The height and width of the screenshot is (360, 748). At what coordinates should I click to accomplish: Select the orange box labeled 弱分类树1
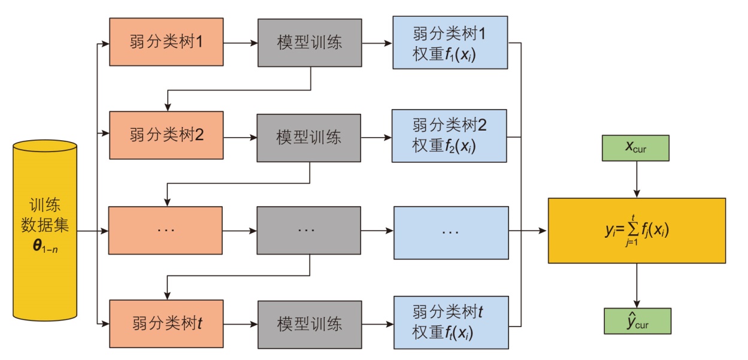(x=166, y=43)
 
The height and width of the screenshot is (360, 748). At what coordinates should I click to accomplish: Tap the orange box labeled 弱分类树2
(x=166, y=135)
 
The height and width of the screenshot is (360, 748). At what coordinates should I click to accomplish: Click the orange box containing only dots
(x=165, y=230)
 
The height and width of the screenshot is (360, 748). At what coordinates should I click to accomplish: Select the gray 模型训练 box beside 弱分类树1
(x=310, y=43)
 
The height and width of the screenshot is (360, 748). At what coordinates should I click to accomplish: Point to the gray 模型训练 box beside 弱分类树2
(x=309, y=137)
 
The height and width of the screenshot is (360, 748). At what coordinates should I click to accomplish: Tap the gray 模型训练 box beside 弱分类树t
(x=310, y=324)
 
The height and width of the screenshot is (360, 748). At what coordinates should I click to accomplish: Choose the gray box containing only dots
(x=309, y=230)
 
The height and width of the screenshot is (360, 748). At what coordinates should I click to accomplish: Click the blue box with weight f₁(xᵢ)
(x=449, y=43)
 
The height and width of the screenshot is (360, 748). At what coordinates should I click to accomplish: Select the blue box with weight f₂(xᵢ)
(x=449, y=135)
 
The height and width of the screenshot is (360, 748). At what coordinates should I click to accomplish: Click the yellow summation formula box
(x=637, y=231)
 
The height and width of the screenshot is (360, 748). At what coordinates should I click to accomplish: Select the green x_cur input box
(x=637, y=149)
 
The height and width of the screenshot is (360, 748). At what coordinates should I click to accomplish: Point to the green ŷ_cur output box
(x=637, y=320)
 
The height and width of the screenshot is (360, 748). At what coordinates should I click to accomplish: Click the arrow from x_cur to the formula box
(x=637, y=180)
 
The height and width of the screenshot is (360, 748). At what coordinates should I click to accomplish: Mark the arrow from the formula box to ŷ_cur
(x=637, y=285)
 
